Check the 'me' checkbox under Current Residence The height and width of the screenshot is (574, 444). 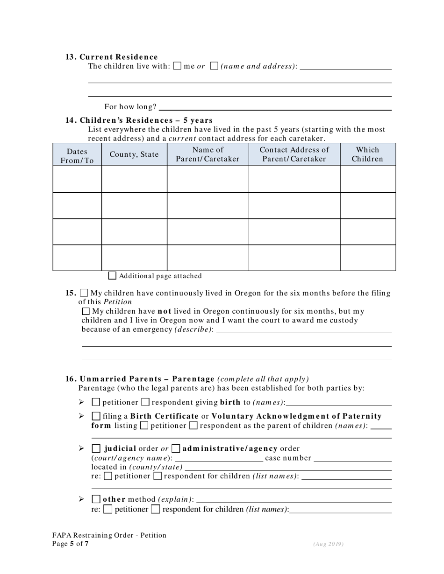point(177,66)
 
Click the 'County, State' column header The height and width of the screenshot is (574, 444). point(134,155)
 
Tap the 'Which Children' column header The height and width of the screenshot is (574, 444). point(367,154)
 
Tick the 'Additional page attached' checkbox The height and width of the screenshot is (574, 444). point(112,276)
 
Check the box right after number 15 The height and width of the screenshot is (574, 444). point(84,293)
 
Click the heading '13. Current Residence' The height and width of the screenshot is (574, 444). point(112,57)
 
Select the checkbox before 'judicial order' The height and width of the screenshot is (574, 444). point(96,449)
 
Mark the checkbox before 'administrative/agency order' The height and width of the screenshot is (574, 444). point(176,449)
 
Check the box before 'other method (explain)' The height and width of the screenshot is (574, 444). point(96,500)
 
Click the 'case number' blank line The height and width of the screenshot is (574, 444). point(352,459)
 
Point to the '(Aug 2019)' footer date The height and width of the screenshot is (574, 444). point(328,544)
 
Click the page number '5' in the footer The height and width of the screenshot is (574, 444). point(72,544)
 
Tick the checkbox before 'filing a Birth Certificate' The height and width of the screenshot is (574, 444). point(96,416)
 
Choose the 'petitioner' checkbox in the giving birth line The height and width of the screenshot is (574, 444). point(96,402)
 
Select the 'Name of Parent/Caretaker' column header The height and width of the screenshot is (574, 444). point(208,154)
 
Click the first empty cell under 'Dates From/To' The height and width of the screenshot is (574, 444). point(77,179)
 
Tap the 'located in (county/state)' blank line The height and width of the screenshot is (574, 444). point(288,468)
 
